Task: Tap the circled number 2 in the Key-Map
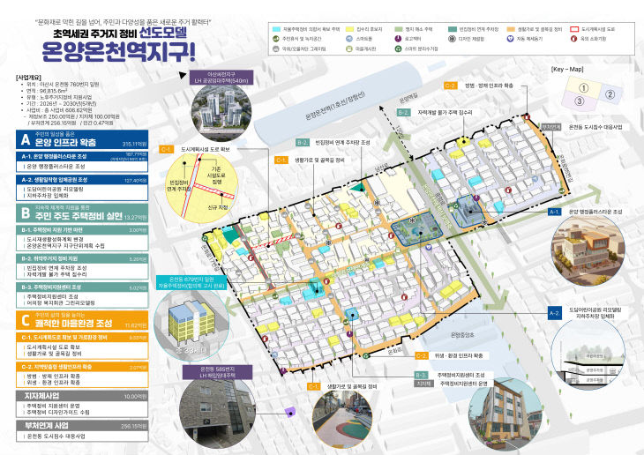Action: pyautogui.click(x=610, y=93)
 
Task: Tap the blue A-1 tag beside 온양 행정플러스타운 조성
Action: pyautogui.click(x=556, y=213)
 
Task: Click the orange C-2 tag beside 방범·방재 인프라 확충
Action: pyautogui.click(x=450, y=86)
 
